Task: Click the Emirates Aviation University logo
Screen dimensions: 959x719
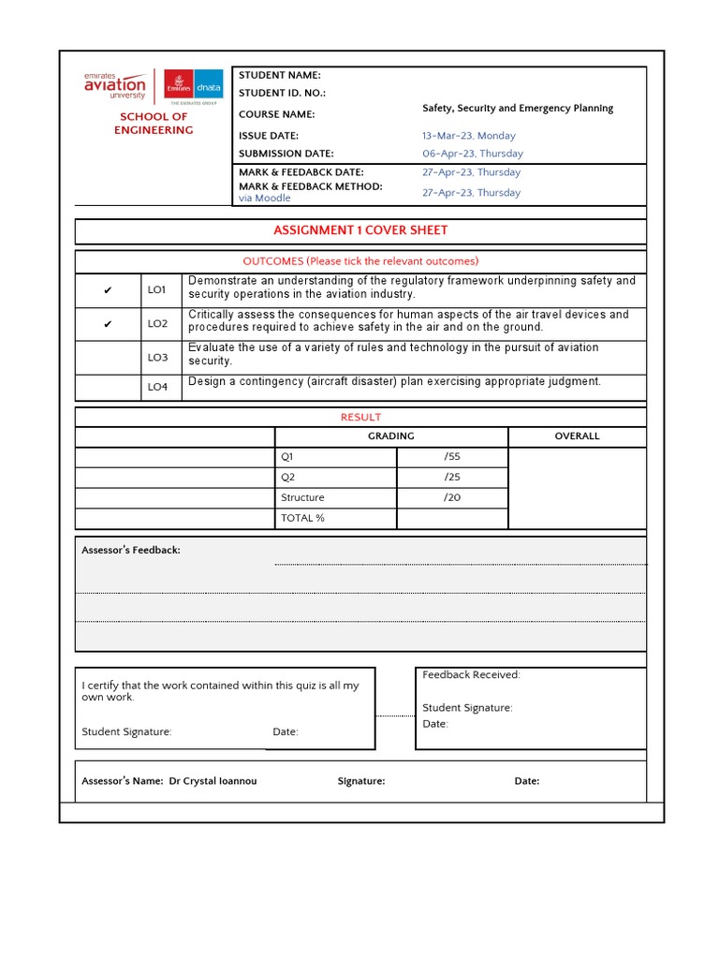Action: pyautogui.click(x=115, y=85)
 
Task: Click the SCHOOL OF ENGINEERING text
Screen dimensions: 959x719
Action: pyautogui.click(x=154, y=124)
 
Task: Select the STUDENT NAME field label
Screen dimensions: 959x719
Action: pyautogui.click(x=279, y=75)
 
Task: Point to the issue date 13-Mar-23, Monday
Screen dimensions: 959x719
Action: pyautogui.click(x=468, y=136)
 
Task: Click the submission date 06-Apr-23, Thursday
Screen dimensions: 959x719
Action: pyautogui.click(x=472, y=154)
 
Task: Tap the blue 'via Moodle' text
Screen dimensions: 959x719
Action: pyautogui.click(x=264, y=199)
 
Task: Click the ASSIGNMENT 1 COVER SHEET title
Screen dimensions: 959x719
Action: pyautogui.click(x=360, y=230)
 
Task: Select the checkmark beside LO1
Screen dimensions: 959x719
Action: pyautogui.click(x=108, y=290)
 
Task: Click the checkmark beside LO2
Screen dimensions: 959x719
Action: pyautogui.click(x=108, y=324)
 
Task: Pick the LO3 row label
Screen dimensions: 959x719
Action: pyautogui.click(x=157, y=358)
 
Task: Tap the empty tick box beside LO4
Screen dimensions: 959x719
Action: pyautogui.click(x=108, y=387)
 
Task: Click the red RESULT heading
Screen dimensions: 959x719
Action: pyautogui.click(x=360, y=418)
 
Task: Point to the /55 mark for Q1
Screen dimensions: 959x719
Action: pyautogui.click(x=452, y=457)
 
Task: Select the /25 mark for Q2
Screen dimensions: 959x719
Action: pyautogui.click(x=452, y=478)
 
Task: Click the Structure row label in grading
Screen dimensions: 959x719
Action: pyautogui.click(x=302, y=498)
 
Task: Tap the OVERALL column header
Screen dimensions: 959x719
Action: pyautogui.click(x=577, y=436)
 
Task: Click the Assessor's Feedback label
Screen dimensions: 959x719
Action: pyautogui.click(x=130, y=551)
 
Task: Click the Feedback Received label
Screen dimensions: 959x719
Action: pyautogui.click(x=471, y=675)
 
